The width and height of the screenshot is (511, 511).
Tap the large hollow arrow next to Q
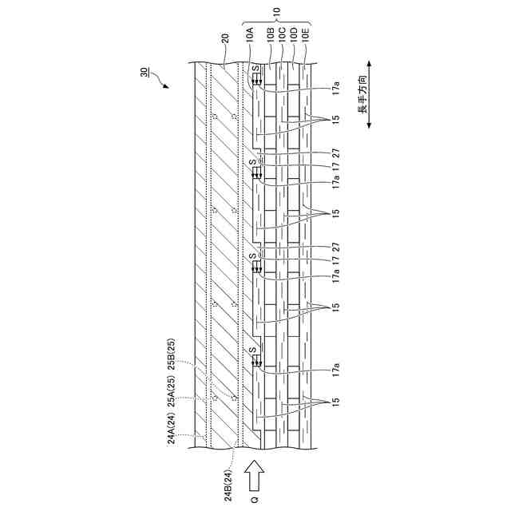point(255,475)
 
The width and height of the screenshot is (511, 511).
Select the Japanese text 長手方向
point(362,97)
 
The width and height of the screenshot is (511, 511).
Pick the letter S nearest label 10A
point(255,70)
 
